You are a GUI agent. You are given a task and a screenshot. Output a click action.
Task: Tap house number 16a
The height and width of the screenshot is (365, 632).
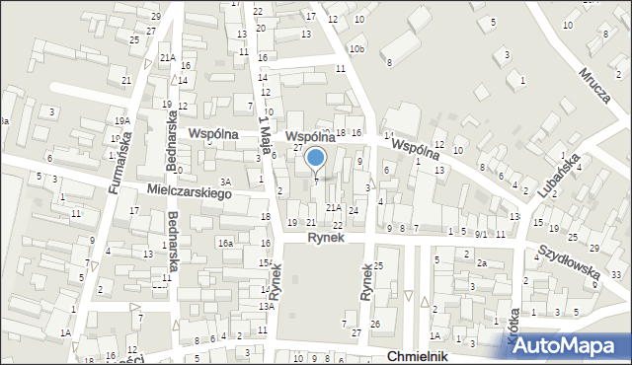(225, 243)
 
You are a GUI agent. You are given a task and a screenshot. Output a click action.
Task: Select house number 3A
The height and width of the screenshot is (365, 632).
(225, 182)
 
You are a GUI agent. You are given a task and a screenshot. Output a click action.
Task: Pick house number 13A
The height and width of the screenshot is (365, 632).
(266, 307)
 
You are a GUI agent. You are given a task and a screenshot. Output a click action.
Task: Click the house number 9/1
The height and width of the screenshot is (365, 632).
(481, 234)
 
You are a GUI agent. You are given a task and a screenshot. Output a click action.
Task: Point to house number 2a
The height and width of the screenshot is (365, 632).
(482, 263)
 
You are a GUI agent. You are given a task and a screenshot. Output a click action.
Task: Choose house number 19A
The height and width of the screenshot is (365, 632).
(120, 120)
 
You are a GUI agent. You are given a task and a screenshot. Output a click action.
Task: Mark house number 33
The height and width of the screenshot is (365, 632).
(615, 273)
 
